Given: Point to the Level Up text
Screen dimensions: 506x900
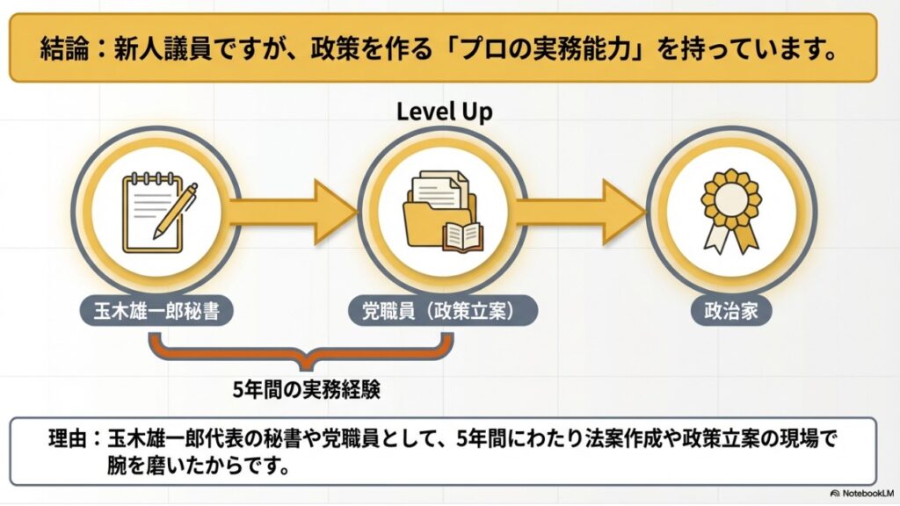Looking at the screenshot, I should pyautogui.click(x=444, y=112).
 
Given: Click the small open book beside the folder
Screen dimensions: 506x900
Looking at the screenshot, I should pyautogui.click(x=462, y=235).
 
